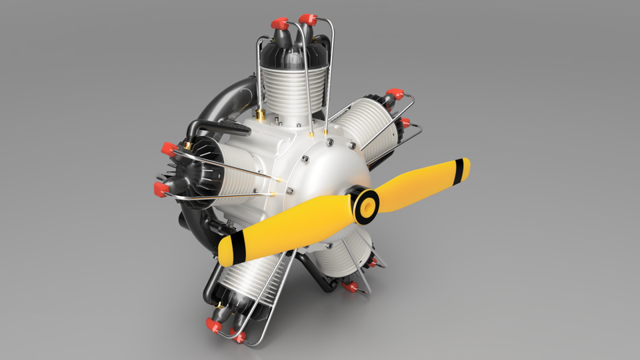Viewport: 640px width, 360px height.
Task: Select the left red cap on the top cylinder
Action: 279,24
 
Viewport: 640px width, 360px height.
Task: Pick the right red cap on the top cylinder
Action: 307,19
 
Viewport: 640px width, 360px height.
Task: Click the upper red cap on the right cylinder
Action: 395,94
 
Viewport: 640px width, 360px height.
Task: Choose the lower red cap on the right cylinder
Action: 403,123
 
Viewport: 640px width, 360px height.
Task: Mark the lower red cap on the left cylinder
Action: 161,189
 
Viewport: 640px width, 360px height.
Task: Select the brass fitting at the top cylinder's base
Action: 261,115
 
